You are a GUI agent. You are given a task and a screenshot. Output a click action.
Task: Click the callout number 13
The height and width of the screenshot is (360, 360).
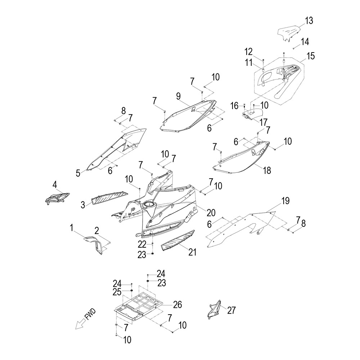click(x=309, y=21)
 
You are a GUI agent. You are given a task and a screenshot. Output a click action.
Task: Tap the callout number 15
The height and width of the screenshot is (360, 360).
click(x=310, y=56)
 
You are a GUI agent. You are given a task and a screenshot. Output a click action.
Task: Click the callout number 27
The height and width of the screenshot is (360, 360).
click(x=231, y=310)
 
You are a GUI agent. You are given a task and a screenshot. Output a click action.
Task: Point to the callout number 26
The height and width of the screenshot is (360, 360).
click(x=177, y=305)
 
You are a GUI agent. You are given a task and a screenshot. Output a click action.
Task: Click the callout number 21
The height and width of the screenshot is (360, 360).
click(x=193, y=252)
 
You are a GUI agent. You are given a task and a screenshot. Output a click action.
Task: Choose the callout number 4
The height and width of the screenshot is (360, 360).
click(x=55, y=185)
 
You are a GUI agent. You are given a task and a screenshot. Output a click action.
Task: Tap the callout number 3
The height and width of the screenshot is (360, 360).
click(x=83, y=205)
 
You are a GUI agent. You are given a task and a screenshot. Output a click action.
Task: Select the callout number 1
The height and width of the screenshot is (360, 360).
click(x=72, y=227)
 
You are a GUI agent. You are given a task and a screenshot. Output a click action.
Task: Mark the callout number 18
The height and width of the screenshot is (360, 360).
click(x=267, y=170)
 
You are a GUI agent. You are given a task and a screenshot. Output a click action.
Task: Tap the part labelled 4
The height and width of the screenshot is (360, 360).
click(x=57, y=197)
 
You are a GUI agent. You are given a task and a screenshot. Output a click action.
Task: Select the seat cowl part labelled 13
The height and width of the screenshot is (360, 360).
click(x=290, y=33)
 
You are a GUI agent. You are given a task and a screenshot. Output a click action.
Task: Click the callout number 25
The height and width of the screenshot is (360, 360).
click(x=117, y=292)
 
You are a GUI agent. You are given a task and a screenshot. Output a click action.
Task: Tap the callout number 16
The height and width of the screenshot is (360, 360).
click(x=234, y=105)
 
